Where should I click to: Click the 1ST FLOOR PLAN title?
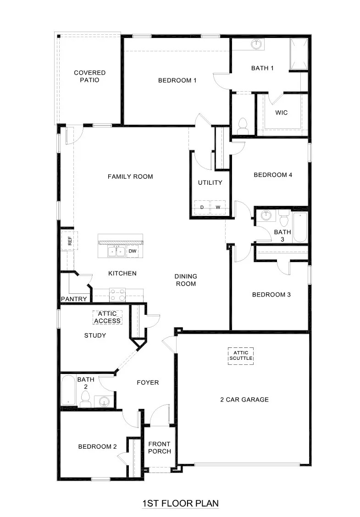pos(180,503)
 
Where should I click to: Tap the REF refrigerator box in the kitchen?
pos(70,241)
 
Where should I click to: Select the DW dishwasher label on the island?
pos(132,251)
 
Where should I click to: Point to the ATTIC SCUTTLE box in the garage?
pos(241,355)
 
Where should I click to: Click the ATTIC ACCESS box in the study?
pos(107,317)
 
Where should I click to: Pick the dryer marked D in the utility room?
pos(202,208)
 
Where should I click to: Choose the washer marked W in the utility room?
pos(218,208)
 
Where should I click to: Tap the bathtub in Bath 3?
pos(299,227)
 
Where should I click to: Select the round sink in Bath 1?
pos(256,45)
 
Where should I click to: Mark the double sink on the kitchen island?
pos(116,251)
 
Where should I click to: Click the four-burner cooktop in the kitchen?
pos(117,294)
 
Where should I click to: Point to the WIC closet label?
pos(281,112)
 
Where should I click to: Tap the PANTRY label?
pos(74,299)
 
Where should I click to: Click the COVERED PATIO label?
pos(90,76)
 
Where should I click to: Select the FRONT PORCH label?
pos(159,447)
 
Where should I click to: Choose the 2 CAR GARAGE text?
pos(244,399)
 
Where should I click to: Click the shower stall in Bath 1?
pos(298,54)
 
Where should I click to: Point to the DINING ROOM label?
pos(186,280)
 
